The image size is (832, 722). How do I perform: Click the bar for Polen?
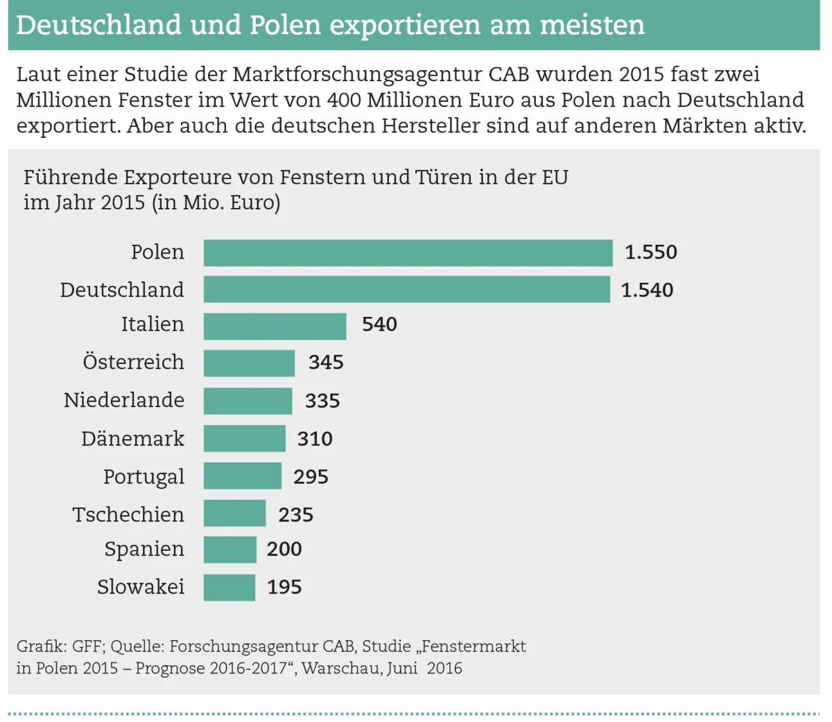click(x=408, y=252)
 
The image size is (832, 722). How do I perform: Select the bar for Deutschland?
click(x=406, y=289)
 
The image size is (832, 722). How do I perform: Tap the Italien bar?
click(x=275, y=325)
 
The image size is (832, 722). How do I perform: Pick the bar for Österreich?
click(x=249, y=363)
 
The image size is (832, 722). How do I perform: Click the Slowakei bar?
click(x=229, y=587)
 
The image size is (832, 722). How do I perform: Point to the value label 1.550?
click(x=650, y=252)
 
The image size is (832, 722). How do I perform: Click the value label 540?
click(x=379, y=325)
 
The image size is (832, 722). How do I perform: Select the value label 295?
click(x=311, y=477)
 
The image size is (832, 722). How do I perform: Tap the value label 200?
click(x=284, y=549)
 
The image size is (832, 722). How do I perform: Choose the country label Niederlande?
click(x=124, y=400)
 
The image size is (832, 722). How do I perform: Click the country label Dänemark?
click(x=132, y=439)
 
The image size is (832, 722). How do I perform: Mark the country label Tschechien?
click(x=128, y=515)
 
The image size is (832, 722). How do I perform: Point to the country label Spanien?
click(x=144, y=549)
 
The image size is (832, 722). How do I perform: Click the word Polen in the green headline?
click(x=285, y=26)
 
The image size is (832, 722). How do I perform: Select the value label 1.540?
click(x=647, y=290)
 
